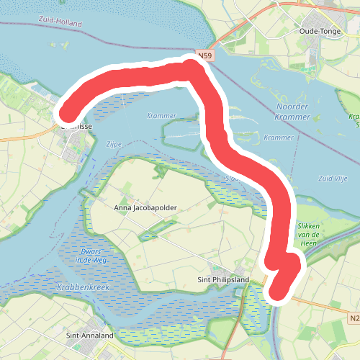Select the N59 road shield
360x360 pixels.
click(x=204, y=54)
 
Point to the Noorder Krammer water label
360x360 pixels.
click(x=293, y=112)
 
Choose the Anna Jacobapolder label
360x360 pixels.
click(x=145, y=207)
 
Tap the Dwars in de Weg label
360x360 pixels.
click(x=91, y=256)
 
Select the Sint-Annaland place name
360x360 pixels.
click(x=89, y=336)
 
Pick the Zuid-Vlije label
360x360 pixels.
click(x=333, y=178)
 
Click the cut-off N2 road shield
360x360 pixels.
click(x=354, y=318)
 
